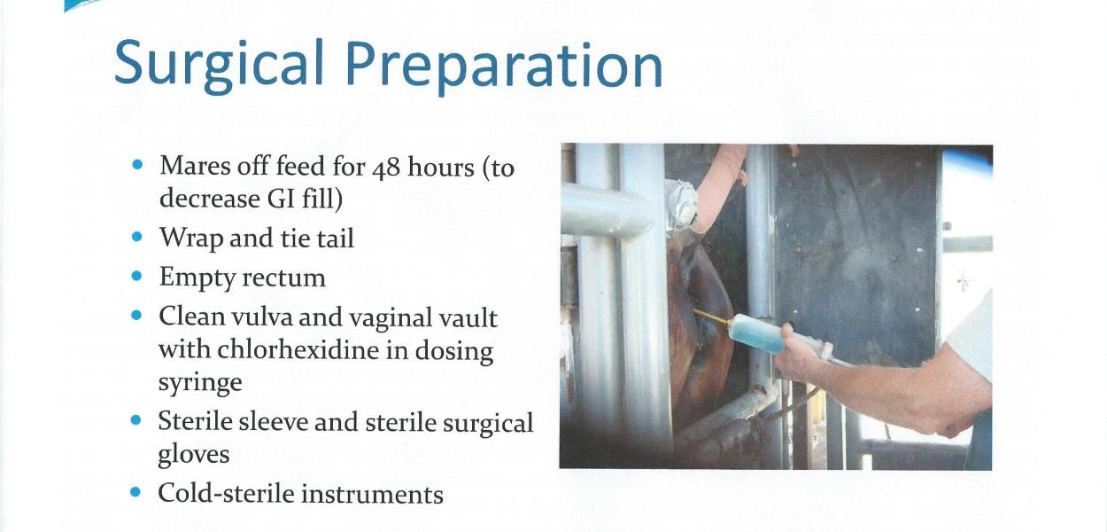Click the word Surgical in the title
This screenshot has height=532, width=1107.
219,66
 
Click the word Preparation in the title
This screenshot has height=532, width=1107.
504,67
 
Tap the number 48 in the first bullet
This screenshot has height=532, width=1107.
387,168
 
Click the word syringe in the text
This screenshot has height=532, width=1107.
200,383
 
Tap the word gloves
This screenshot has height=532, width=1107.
194,454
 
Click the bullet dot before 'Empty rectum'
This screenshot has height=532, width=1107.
137,276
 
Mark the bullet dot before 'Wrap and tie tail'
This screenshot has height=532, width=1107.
137,237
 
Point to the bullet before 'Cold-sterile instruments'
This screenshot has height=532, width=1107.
135,492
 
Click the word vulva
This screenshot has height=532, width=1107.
260,317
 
